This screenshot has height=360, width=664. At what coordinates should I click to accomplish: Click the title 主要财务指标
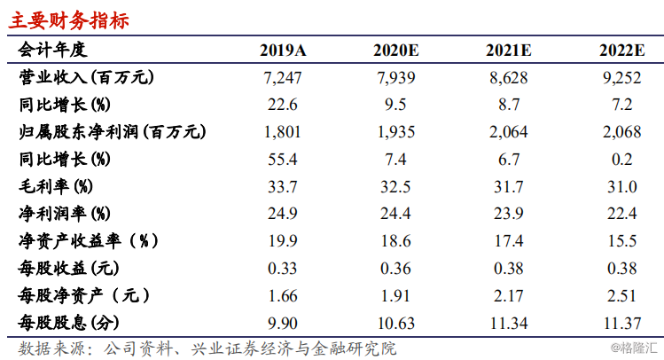pos(69,20)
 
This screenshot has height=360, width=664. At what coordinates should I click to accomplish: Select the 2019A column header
pos(283,51)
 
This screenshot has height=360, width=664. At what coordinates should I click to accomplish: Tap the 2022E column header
pos(621,51)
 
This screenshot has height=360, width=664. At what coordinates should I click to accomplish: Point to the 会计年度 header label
pos(52,50)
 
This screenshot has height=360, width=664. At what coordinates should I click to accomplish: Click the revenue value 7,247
pos(283,78)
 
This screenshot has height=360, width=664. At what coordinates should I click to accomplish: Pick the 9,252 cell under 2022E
pos(621,78)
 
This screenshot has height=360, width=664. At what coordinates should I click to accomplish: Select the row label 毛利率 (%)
pos(56,186)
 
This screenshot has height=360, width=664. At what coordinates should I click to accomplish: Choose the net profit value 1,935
pos(395,132)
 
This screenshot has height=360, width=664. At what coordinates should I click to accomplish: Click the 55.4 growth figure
pos(283,160)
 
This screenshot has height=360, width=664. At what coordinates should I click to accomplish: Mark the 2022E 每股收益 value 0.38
pos(621,269)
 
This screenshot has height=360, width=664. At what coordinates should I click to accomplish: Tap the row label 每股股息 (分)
pos(68,323)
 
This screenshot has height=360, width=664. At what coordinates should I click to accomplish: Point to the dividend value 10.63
pos(395,324)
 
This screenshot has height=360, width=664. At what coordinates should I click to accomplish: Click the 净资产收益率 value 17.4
pos(509,241)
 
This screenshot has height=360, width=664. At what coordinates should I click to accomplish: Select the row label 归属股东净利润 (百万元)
pos(113,132)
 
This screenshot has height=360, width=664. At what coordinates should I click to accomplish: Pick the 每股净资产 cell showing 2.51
pos(621,296)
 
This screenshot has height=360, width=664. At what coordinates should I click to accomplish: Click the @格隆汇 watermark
pos(634,348)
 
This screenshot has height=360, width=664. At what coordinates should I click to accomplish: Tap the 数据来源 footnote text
pos(207,348)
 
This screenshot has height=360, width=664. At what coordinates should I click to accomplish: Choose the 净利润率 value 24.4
pos(395,214)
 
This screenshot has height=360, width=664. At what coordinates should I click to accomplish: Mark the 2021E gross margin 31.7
pos(509,187)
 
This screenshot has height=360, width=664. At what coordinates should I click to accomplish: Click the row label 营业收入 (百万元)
pos(86,77)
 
